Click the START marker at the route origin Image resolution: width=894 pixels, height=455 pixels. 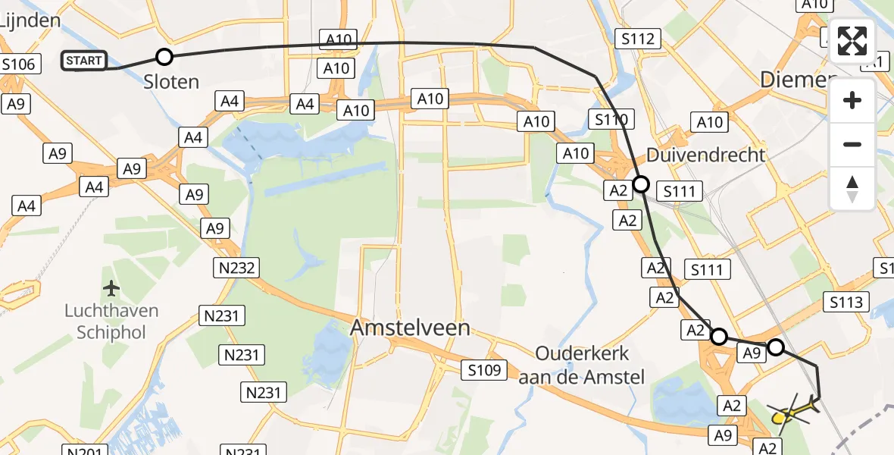84,61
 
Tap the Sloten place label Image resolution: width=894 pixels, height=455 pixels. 171,82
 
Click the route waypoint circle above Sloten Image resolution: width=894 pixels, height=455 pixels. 164,56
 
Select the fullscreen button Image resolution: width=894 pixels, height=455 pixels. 852,41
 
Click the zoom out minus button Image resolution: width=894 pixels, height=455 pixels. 852,144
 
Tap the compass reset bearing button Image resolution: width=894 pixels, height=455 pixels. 852,189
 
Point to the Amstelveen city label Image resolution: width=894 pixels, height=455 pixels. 410,328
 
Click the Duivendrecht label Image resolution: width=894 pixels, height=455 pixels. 705,155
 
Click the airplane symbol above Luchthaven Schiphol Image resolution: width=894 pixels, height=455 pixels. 111,288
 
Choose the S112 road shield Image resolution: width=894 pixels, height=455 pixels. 639,38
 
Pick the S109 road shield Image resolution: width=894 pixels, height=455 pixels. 484,369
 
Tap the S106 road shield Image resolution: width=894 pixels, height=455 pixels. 19,64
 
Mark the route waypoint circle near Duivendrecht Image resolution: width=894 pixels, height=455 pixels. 641,184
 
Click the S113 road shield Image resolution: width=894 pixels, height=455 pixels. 846,303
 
